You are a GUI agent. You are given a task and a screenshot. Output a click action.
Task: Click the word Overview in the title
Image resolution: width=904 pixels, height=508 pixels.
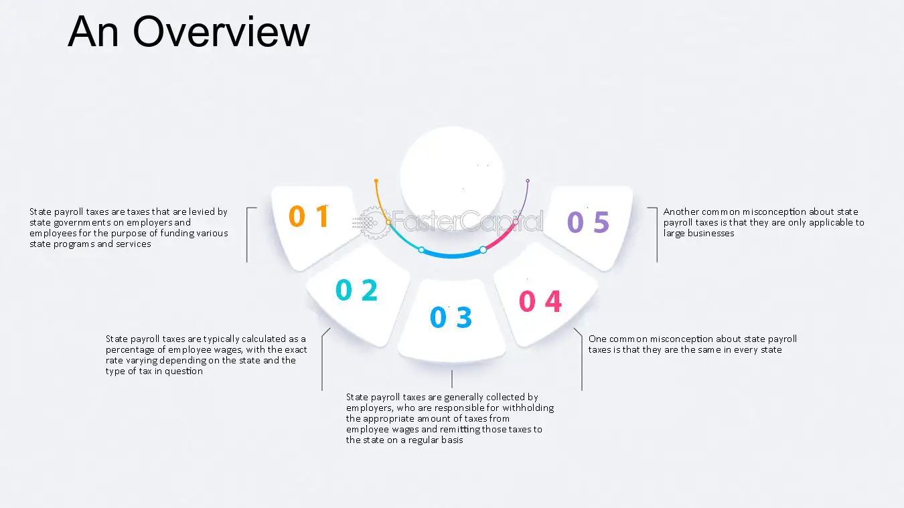[221, 32]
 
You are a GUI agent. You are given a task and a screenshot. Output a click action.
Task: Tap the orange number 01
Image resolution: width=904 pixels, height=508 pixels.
[309, 216]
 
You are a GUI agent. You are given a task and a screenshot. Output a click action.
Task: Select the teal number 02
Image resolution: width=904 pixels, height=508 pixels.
[357, 290]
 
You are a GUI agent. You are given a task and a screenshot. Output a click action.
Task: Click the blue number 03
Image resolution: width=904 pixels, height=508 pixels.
[451, 317]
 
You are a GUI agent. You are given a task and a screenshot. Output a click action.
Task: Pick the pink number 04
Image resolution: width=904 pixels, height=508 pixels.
[540, 301]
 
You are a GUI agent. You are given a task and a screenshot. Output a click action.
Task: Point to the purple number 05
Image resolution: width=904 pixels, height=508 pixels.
[588, 222]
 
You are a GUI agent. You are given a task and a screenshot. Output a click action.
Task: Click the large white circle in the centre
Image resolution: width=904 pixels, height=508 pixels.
[451, 177]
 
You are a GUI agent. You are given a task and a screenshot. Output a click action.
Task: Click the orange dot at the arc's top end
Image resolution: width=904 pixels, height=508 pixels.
[376, 181]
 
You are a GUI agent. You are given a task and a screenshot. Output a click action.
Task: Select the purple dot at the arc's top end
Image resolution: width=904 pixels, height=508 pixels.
[528, 181]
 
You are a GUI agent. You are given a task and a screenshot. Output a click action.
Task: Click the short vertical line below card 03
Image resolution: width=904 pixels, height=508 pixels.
[452, 379]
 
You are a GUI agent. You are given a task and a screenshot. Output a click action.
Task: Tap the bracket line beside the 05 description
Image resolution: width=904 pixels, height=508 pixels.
[657, 235]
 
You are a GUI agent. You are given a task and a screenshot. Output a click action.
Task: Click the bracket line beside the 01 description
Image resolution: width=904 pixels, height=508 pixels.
[247, 235]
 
